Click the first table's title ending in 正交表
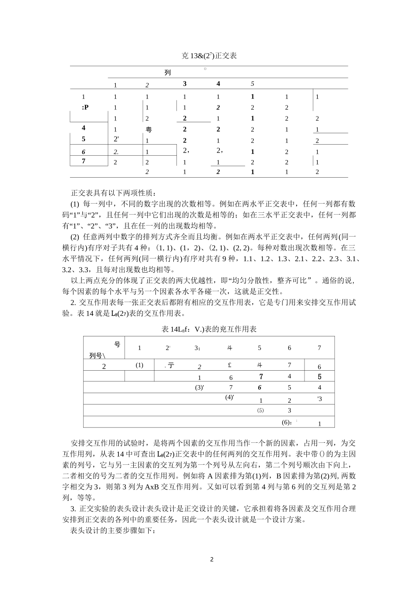209,55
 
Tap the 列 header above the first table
167,73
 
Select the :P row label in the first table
85,107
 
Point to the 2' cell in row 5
116,140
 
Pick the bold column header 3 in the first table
185,84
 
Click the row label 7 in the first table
84,161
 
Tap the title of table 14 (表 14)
209,329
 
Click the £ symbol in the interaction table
230,365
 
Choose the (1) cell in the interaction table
139,365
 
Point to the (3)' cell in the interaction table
200,387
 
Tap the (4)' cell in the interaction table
230,397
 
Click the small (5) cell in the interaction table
260,410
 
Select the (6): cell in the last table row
288,422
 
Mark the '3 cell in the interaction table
319,399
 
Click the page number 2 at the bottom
212,560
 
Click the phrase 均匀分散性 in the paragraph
246,281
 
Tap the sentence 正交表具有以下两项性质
114,193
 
